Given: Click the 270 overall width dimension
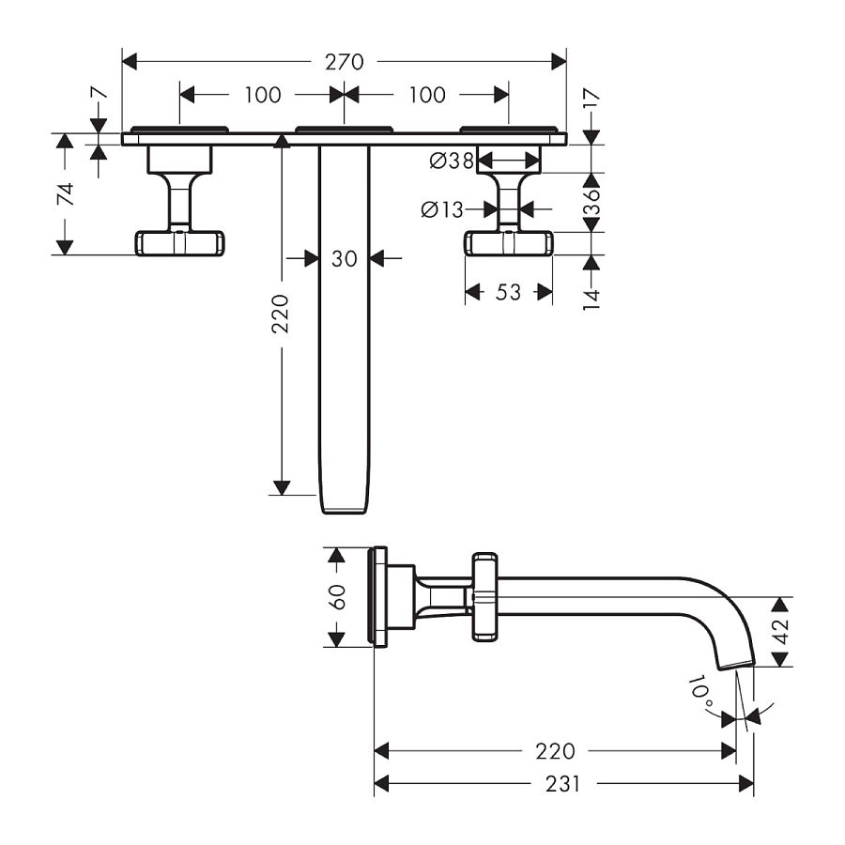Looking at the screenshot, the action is click(x=344, y=62).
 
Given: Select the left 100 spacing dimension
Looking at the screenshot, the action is click(x=263, y=95).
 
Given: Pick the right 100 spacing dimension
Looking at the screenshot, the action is click(x=427, y=95).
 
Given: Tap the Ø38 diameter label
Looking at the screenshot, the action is click(x=452, y=160).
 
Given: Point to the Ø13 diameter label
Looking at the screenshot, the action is click(x=442, y=209).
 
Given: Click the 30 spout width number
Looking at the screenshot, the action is click(x=344, y=259).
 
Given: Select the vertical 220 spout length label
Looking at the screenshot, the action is click(x=280, y=314).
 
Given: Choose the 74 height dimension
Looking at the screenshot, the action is click(x=65, y=194).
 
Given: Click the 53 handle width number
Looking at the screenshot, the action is click(x=508, y=292).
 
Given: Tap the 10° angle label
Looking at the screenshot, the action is click(x=700, y=694).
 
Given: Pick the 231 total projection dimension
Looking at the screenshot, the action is click(x=562, y=784).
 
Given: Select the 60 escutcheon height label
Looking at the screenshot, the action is click(x=336, y=596).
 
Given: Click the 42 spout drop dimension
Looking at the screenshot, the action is click(x=780, y=632).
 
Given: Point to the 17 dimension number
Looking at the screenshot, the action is click(x=591, y=100).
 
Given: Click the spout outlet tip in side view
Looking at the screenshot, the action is click(x=736, y=665).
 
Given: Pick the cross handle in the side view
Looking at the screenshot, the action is click(x=484, y=596).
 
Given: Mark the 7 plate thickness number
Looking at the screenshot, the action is click(x=99, y=93).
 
